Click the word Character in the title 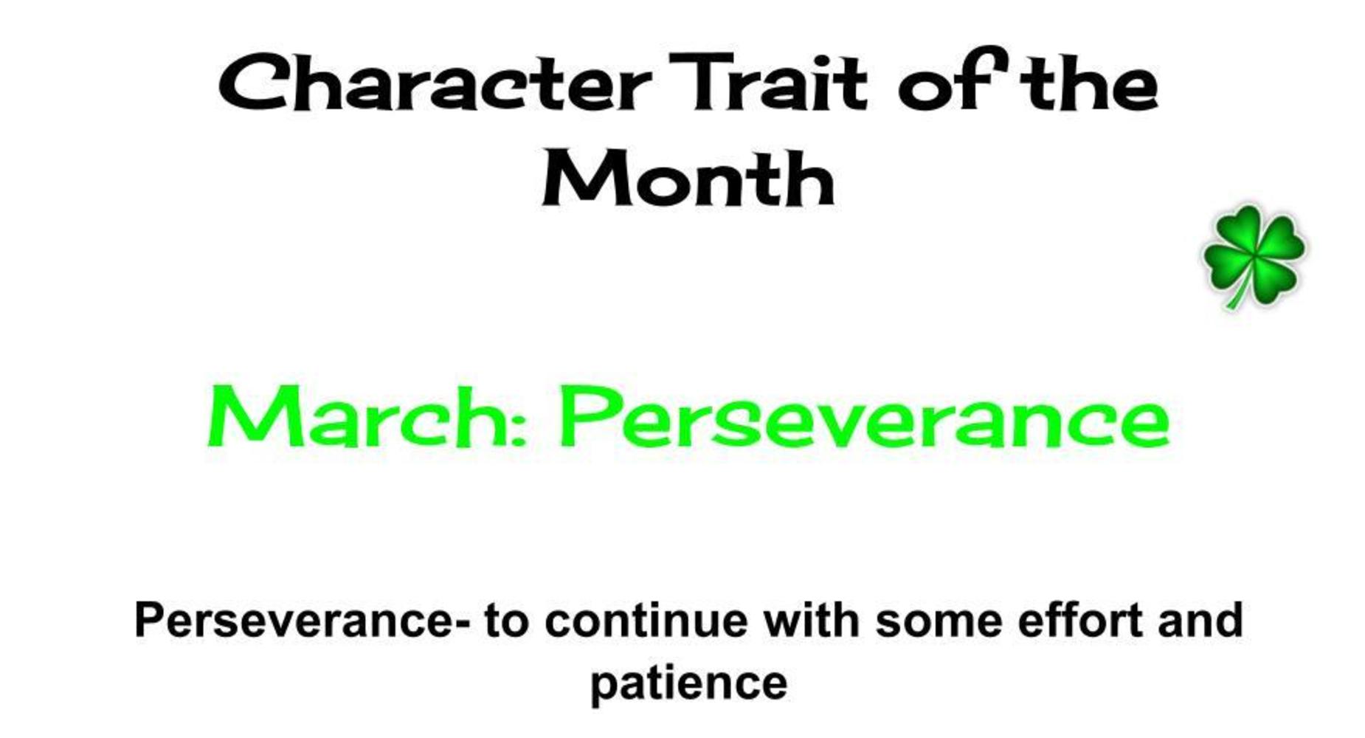pos(435,83)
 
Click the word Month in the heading pos(688,177)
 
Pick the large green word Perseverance pos(865,417)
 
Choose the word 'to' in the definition pos(507,621)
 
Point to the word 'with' pos(811,620)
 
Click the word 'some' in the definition pos(939,624)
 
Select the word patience pos(689,684)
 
